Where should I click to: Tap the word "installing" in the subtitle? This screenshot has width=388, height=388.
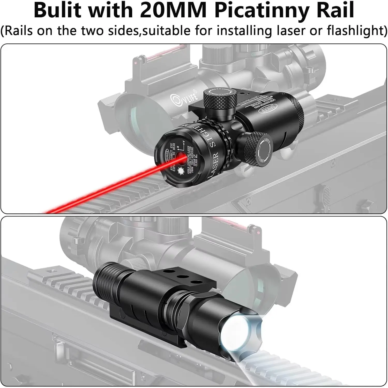[x=244, y=31]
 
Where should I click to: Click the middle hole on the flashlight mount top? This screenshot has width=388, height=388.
[x=183, y=277]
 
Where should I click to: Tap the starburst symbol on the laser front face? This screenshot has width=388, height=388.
[x=181, y=170]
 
